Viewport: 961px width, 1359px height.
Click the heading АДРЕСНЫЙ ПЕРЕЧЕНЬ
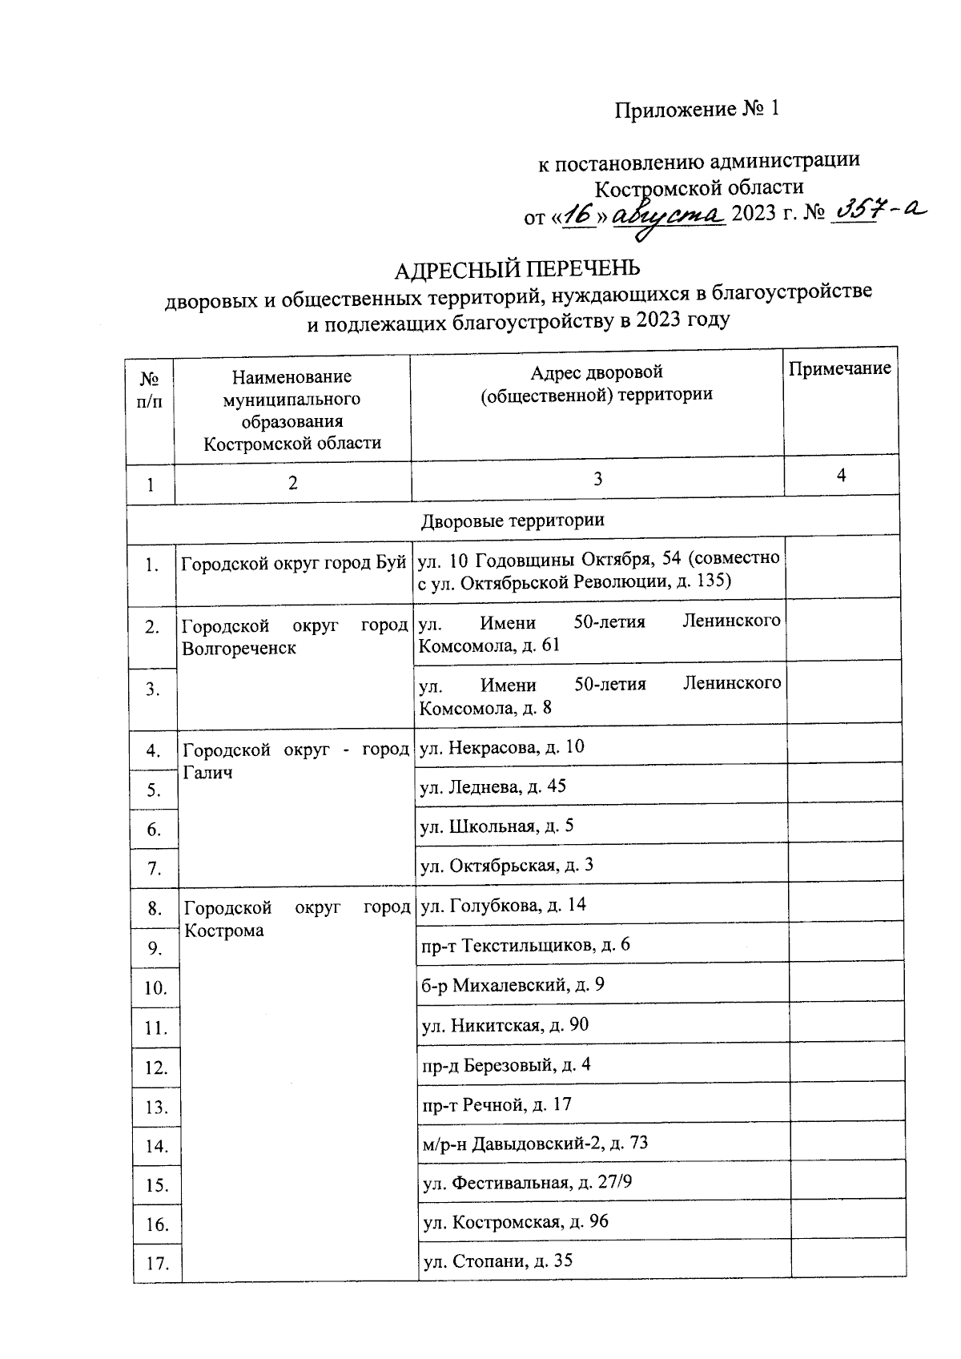(517, 268)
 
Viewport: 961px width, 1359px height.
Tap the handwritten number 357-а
(878, 212)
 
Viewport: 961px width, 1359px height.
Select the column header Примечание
(839, 368)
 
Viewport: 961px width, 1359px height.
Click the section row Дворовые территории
(513, 521)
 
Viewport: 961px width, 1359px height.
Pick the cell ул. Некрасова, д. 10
(503, 748)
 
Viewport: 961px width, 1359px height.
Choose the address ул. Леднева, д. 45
(493, 787)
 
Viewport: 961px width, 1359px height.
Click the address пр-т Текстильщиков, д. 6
(525, 945)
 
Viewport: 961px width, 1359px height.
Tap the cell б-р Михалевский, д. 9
(513, 985)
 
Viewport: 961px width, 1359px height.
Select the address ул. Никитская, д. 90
(505, 1025)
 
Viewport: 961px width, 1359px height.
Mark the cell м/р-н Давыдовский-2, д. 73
(535, 1143)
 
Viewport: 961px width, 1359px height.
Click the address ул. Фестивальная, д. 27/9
(527, 1182)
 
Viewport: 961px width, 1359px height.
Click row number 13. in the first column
(156, 1108)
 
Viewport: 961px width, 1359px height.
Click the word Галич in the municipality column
(208, 773)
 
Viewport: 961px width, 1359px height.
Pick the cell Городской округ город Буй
(293, 564)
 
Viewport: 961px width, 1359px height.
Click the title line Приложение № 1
(696, 110)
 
